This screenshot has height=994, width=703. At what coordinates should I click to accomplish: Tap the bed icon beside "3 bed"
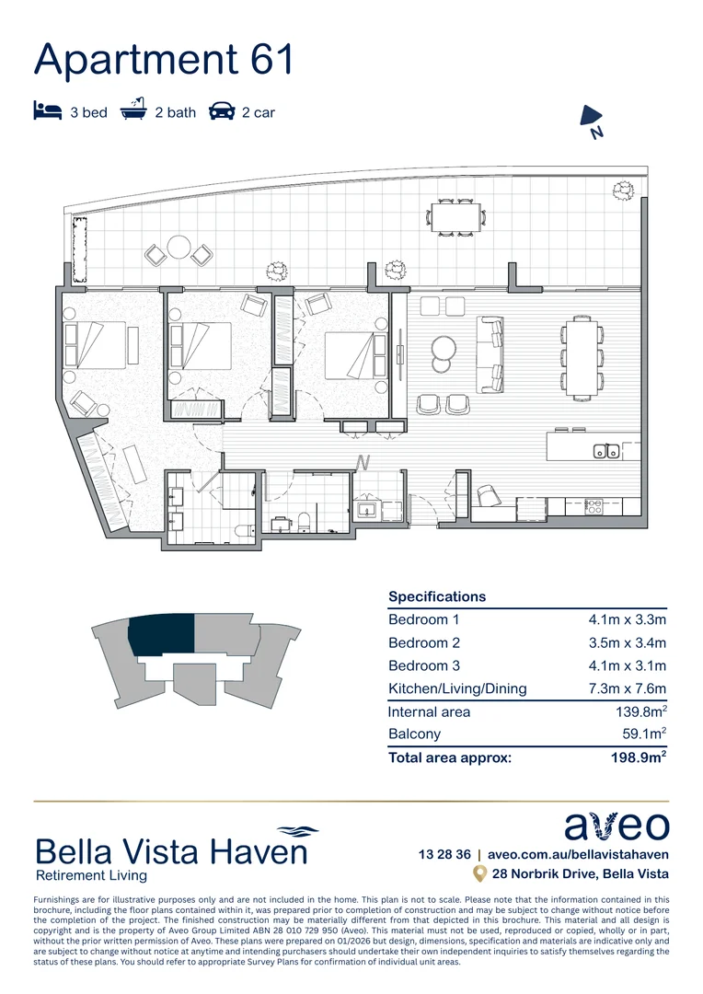click(47, 112)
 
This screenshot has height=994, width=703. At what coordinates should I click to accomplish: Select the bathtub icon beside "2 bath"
click(134, 110)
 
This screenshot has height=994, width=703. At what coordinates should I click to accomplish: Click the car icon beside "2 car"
click(222, 112)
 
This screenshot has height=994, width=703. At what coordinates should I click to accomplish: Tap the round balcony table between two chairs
click(179, 247)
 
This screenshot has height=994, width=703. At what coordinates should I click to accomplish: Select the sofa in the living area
click(491, 354)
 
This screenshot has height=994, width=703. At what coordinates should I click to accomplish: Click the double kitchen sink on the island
click(605, 450)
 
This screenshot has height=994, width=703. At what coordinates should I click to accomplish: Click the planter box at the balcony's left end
click(78, 249)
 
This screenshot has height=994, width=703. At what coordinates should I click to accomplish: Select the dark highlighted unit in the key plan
click(162, 635)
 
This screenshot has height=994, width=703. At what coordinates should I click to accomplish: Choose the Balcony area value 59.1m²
click(643, 734)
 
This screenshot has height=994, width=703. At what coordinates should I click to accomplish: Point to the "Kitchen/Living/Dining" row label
click(457, 688)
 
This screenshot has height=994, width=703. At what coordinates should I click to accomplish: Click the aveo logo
click(616, 826)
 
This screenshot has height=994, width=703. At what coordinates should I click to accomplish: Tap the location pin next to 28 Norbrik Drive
click(478, 873)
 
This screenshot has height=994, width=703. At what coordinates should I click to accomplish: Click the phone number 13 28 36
click(444, 854)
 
